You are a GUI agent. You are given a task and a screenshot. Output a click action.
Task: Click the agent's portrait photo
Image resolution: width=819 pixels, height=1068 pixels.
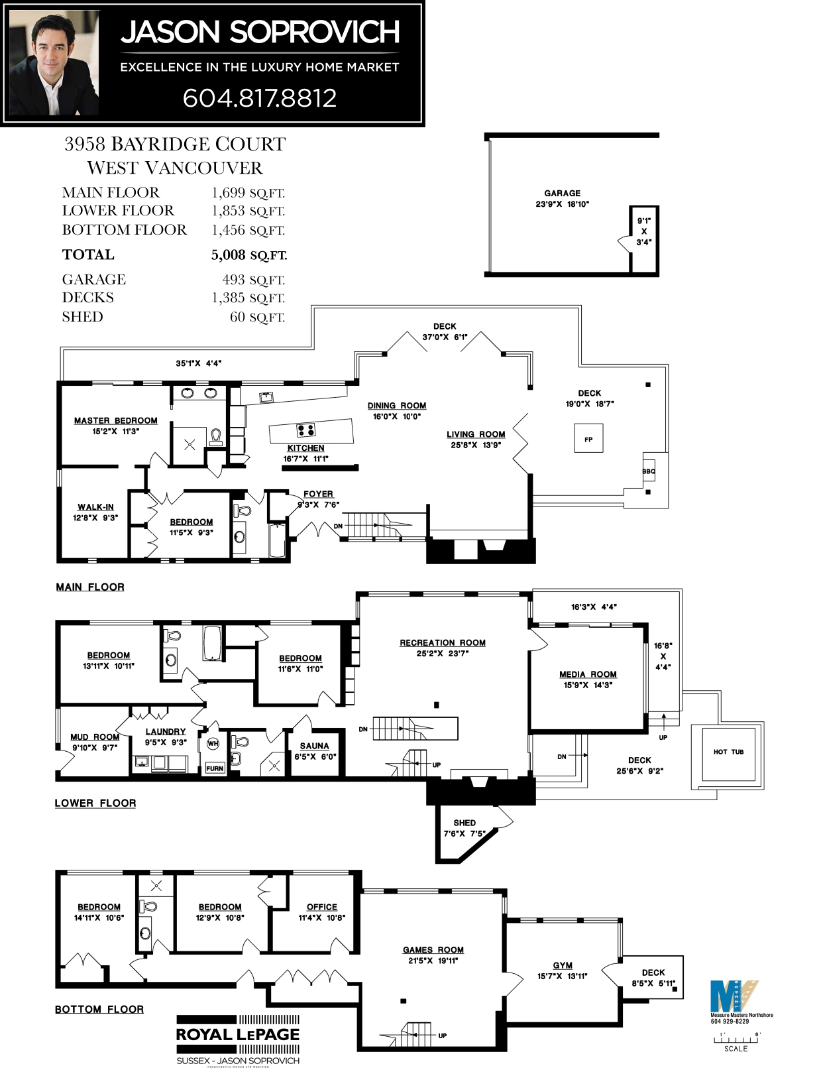click(54, 64)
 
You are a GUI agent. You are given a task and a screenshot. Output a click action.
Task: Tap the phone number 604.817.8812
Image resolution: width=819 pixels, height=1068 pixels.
click(260, 98)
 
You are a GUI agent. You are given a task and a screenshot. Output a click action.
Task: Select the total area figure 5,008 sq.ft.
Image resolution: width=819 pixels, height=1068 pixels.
click(248, 255)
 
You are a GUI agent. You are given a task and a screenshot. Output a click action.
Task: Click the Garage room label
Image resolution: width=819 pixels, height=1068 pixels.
click(562, 193)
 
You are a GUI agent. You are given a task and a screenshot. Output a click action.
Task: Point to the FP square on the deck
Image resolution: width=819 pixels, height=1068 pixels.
click(588, 440)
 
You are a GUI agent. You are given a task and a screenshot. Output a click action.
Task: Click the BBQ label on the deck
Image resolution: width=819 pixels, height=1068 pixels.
click(649, 471)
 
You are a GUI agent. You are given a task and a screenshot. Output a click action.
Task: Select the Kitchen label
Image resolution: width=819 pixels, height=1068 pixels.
click(305, 448)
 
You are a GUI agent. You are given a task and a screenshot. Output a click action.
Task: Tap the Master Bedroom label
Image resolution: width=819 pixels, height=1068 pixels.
click(116, 420)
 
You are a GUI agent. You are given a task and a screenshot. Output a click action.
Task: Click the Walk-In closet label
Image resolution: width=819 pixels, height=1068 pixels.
click(95, 507)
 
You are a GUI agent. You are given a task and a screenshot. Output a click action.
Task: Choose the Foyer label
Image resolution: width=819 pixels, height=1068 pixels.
click(318, 494)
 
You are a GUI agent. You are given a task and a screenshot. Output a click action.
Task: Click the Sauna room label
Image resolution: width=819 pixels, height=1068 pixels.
click(314, 746)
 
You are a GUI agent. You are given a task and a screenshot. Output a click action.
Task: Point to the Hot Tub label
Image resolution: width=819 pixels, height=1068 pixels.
click(728, 752)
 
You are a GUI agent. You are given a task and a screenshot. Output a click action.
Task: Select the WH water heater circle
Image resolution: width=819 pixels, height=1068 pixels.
click(213, 744)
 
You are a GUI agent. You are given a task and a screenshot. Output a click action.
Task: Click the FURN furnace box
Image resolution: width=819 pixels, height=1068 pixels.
click(215, 768)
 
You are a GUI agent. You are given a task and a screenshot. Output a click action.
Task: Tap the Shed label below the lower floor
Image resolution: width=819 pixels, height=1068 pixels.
click(464, 823)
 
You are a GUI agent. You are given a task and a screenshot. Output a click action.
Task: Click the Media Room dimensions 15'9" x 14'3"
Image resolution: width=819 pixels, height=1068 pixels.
click(588, 685)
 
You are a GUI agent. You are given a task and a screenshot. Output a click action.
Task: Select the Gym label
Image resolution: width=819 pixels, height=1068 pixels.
click(563, 965)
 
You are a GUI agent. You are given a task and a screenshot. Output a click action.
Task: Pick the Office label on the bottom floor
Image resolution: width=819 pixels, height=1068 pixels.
click(321, 907)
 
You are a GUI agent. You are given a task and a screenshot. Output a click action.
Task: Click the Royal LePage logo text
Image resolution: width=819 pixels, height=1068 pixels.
click(238, 1035)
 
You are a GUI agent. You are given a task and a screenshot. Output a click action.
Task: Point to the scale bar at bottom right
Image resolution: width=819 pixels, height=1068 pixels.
click(736, 1039)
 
